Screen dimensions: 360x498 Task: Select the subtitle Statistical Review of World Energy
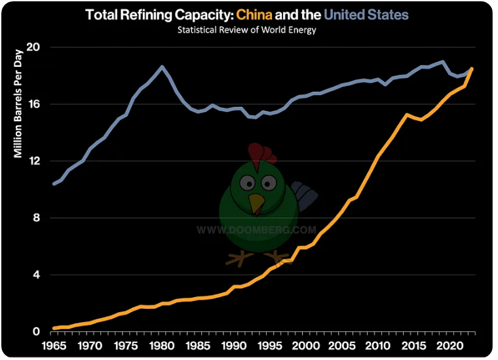[248, 30]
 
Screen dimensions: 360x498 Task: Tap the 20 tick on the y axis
[34, 48]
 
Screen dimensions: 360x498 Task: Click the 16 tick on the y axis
[34, 104]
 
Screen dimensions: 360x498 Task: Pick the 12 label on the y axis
[34, 161]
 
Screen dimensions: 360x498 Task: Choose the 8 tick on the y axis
[37, 218]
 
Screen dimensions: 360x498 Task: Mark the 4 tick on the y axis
[37, 275]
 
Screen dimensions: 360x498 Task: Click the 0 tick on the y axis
[37, 332]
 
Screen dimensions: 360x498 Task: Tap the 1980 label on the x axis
[162, 345]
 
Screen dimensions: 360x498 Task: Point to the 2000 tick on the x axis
[306, 345]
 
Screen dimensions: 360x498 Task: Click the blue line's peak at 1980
[162, 66]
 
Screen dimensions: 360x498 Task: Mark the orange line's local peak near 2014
[407, 115]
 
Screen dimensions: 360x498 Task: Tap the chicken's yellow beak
[256, 203]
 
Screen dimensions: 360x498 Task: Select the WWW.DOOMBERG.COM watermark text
[257, 230]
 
